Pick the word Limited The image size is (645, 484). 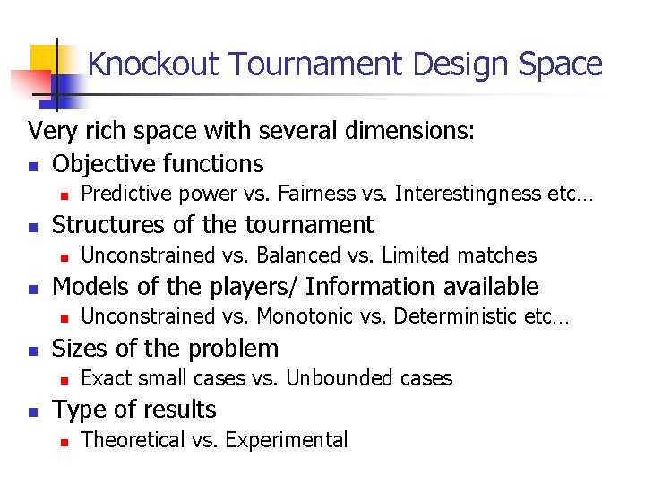(x=417, y=255)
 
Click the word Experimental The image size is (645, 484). (x=287, y=440)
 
